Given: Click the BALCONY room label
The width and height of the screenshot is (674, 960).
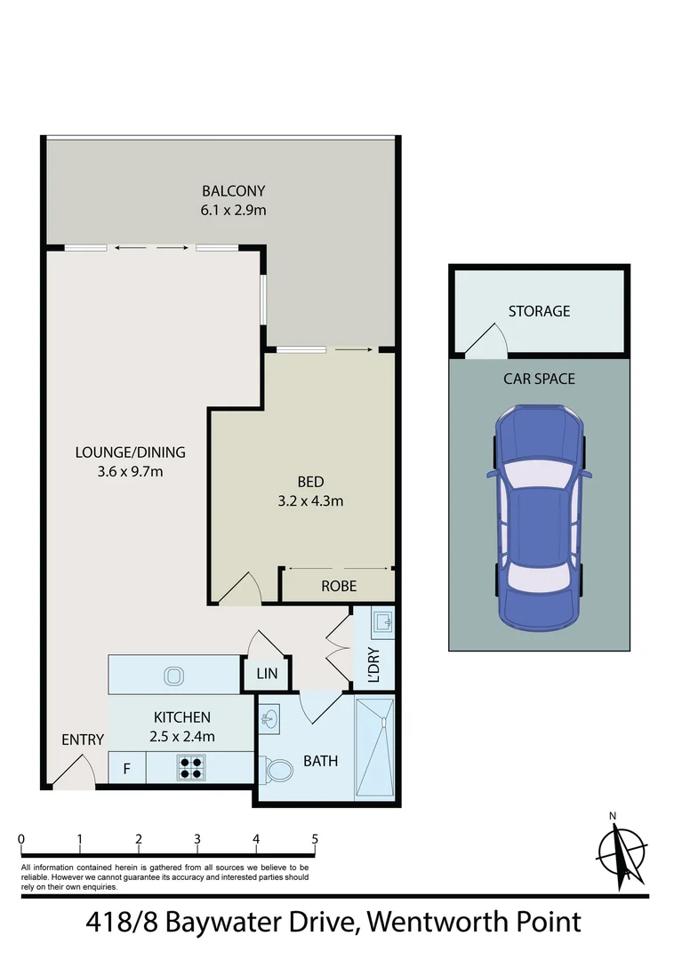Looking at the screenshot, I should tap(234, 190).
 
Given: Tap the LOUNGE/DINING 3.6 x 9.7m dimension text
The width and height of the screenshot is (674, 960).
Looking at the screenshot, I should tap(130, 471).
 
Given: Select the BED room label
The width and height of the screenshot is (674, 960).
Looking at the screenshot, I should tap(310, 482).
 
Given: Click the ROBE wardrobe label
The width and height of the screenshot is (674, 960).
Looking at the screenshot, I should tap(339, 586).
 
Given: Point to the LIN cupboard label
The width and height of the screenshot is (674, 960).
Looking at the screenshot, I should tap(267, 674).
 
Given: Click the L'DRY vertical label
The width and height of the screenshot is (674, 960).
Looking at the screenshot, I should tap(373, 665).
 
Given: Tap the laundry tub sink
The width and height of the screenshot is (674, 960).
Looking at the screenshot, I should tap(382, 621).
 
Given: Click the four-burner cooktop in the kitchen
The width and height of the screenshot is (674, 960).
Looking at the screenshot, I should tap(190, 767).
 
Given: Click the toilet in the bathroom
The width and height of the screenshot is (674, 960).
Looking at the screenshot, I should tap(277, 768).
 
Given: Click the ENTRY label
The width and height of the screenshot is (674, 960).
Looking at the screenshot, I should tap(83, 740).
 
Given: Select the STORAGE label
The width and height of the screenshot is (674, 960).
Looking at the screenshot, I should tap(539, 311).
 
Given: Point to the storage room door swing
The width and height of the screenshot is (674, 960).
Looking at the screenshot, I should tap(485, 341).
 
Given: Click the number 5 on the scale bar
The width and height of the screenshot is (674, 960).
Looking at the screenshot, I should tap(315, 838).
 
